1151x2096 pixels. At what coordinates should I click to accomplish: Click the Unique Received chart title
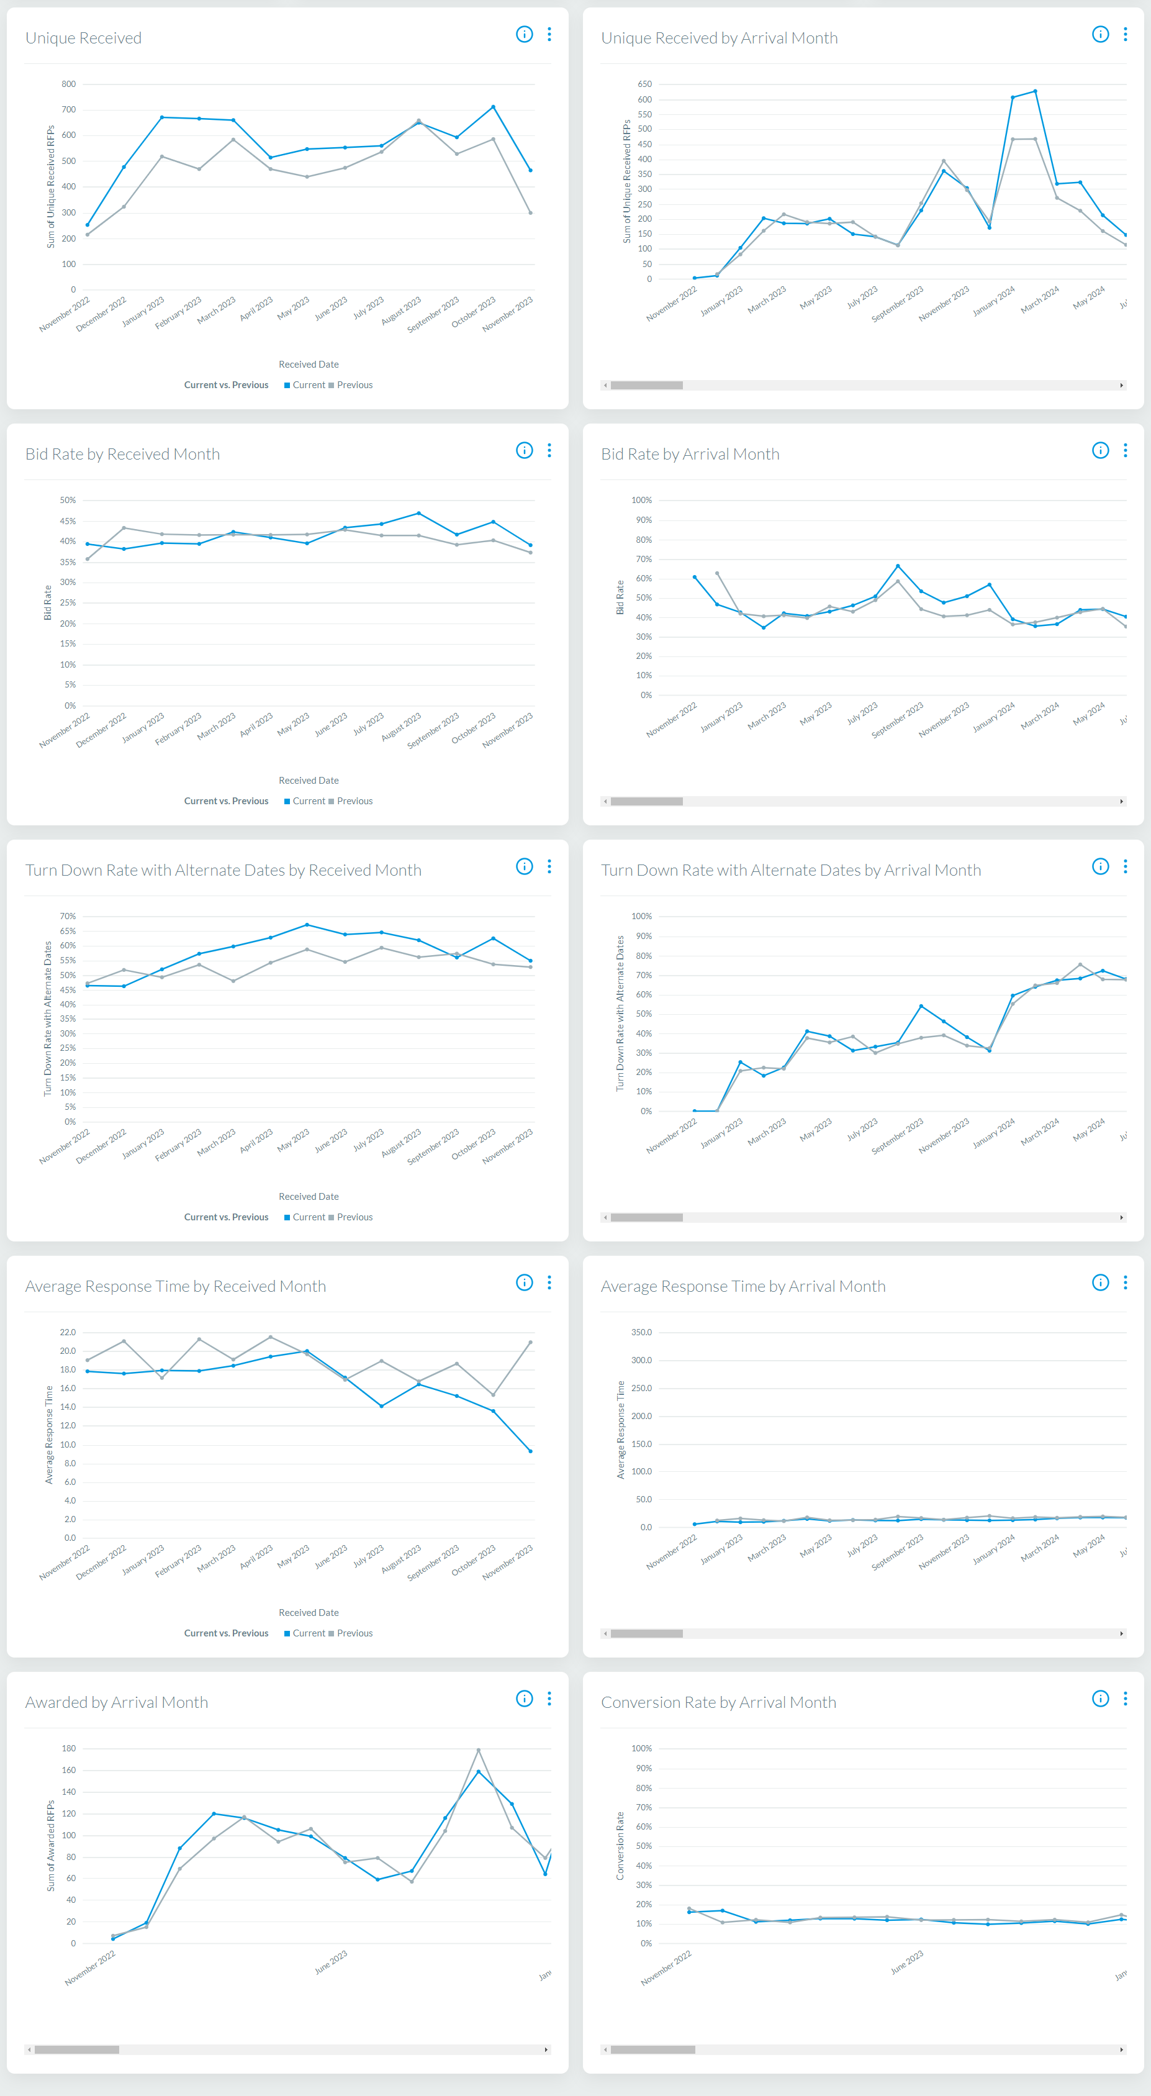tap(83, 39)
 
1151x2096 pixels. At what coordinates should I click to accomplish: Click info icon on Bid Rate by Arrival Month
tap(1099, 451)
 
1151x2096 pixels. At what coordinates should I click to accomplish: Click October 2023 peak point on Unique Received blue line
tap(493, 107)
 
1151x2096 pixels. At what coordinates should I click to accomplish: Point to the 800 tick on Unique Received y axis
tap(68, 84)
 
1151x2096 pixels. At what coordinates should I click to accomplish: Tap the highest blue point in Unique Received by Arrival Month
tap(1035, 91)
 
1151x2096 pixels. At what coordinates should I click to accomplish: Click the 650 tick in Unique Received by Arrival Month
tap(644, 84)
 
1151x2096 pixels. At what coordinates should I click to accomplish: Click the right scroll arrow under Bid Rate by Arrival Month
tap(1121, 802)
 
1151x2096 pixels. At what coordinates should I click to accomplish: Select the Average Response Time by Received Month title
tap(175, 1286)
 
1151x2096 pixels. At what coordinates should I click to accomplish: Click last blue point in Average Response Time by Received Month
tap(530, 1451)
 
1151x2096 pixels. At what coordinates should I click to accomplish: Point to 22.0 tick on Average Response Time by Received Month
tap(68, 1332)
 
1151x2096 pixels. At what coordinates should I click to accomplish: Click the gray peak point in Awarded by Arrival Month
tap(478, 1749)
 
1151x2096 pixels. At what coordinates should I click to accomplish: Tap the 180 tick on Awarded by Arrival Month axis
tap(68, 1748)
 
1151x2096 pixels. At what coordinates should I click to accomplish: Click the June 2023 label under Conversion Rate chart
tap(906, 1962)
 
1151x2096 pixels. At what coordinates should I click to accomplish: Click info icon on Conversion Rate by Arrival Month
tap(1099, 1698)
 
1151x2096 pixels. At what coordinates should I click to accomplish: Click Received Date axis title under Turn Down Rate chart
tap(309, 1196)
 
